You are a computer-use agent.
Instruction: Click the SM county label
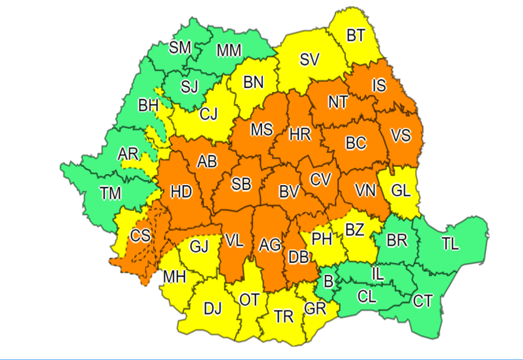180,48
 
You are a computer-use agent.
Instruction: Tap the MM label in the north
229,50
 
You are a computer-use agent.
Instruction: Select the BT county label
356,35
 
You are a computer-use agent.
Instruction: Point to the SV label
310,60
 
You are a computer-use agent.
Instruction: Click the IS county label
379,84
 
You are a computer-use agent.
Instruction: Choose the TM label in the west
111,193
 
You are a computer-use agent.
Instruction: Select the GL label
401,191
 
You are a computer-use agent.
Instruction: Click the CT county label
422,301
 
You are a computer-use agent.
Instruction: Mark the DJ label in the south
212,309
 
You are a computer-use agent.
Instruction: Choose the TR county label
284,316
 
